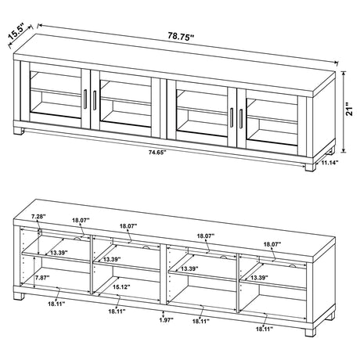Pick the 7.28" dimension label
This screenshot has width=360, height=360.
[x=35, y=215]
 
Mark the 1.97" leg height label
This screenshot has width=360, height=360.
[x=163, y=319]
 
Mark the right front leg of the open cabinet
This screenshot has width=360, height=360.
[x=311, y=339]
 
